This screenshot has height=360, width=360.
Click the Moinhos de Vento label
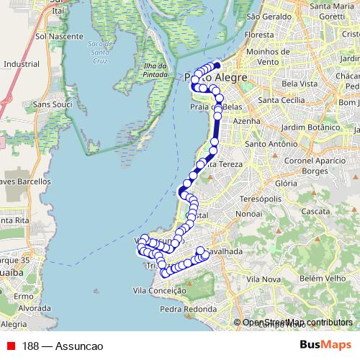(x=266, y=57)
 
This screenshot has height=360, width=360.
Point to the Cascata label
(x=317, y=212)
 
